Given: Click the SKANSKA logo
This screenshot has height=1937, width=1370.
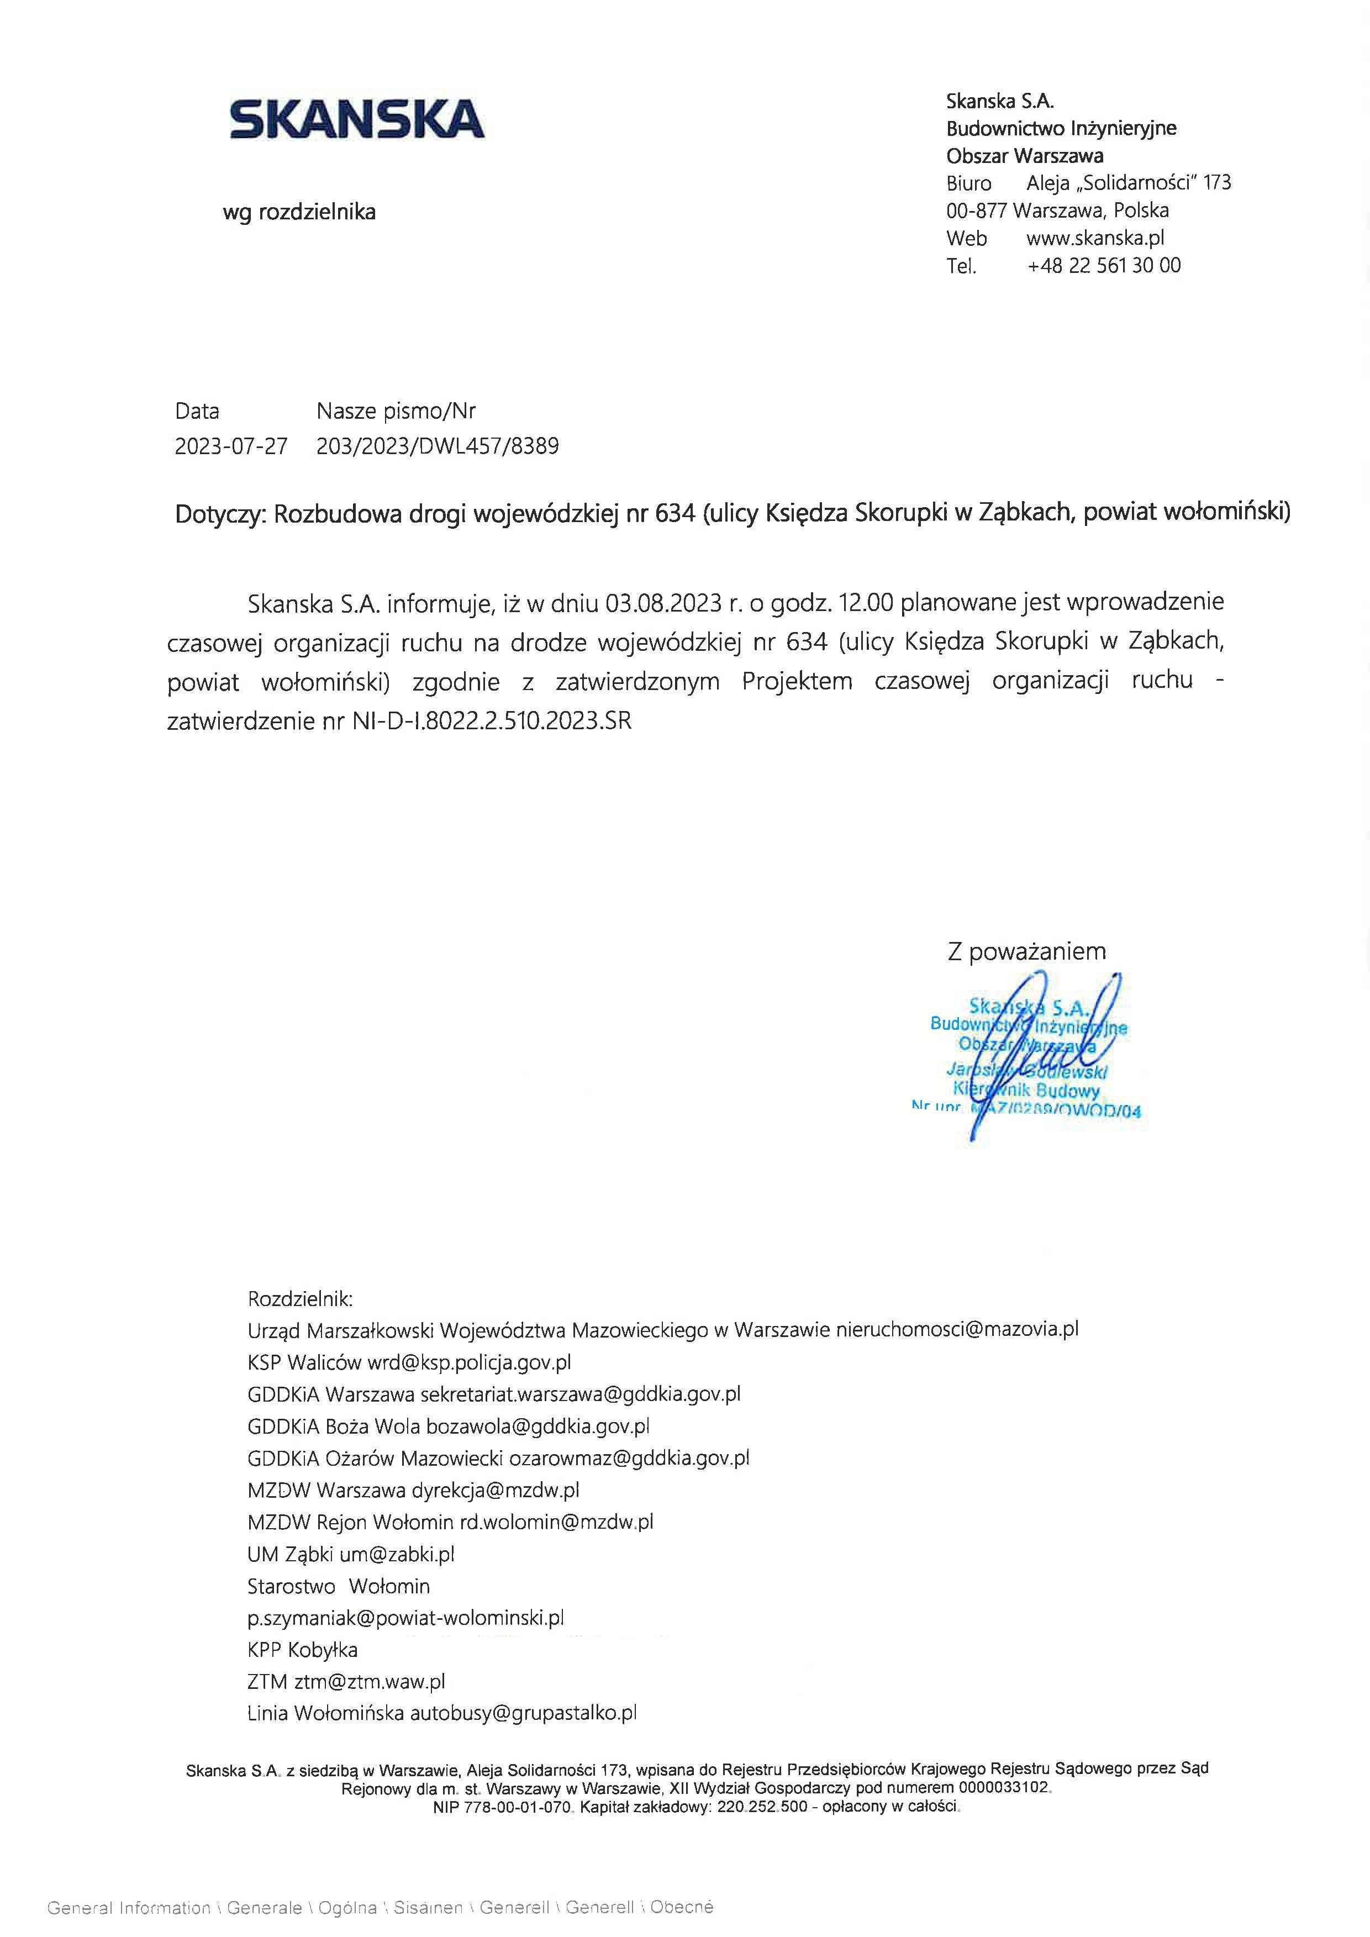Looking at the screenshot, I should click(x=357, y=119).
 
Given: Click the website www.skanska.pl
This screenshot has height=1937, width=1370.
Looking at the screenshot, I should click(x=1095, y=238).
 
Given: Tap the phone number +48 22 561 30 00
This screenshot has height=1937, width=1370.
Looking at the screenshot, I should click(x=1103, y=266).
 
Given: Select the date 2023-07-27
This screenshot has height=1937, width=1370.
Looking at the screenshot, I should click(x=231, y=446).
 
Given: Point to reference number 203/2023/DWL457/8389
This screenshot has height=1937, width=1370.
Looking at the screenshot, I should click(x=437, y=446).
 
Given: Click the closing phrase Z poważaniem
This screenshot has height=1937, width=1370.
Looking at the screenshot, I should click(x=1026, y=951).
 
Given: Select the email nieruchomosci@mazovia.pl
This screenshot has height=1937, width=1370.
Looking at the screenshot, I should click(x=957, y=1330).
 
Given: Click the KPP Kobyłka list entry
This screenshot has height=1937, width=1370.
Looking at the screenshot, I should click(x=302, y=1650).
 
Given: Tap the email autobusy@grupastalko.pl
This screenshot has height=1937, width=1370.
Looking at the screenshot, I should click(x=523, y=1713).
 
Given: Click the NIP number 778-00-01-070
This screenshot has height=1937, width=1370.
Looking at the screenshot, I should click(x=517, y=1807).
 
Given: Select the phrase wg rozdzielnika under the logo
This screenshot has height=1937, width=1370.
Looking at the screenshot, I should click(x=299, y=212).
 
